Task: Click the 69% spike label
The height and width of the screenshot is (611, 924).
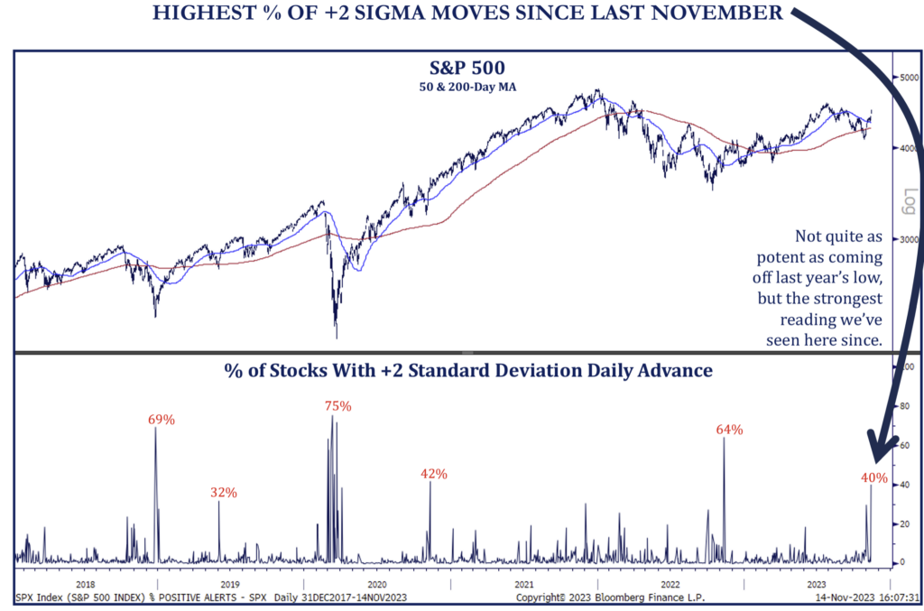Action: click(x=162, y=420)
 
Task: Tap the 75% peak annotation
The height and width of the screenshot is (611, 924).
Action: click(x=337, y=406)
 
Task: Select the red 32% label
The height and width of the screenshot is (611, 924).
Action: click(x=224, y=493)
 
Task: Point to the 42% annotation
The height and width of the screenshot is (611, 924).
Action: click(x=433, y=474)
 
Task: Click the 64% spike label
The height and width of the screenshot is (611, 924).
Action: click(x=729, y=430)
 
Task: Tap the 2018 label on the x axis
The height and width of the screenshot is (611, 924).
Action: click(x=86, y=585)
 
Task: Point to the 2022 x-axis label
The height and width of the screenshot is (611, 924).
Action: click(x=670, y=585)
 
